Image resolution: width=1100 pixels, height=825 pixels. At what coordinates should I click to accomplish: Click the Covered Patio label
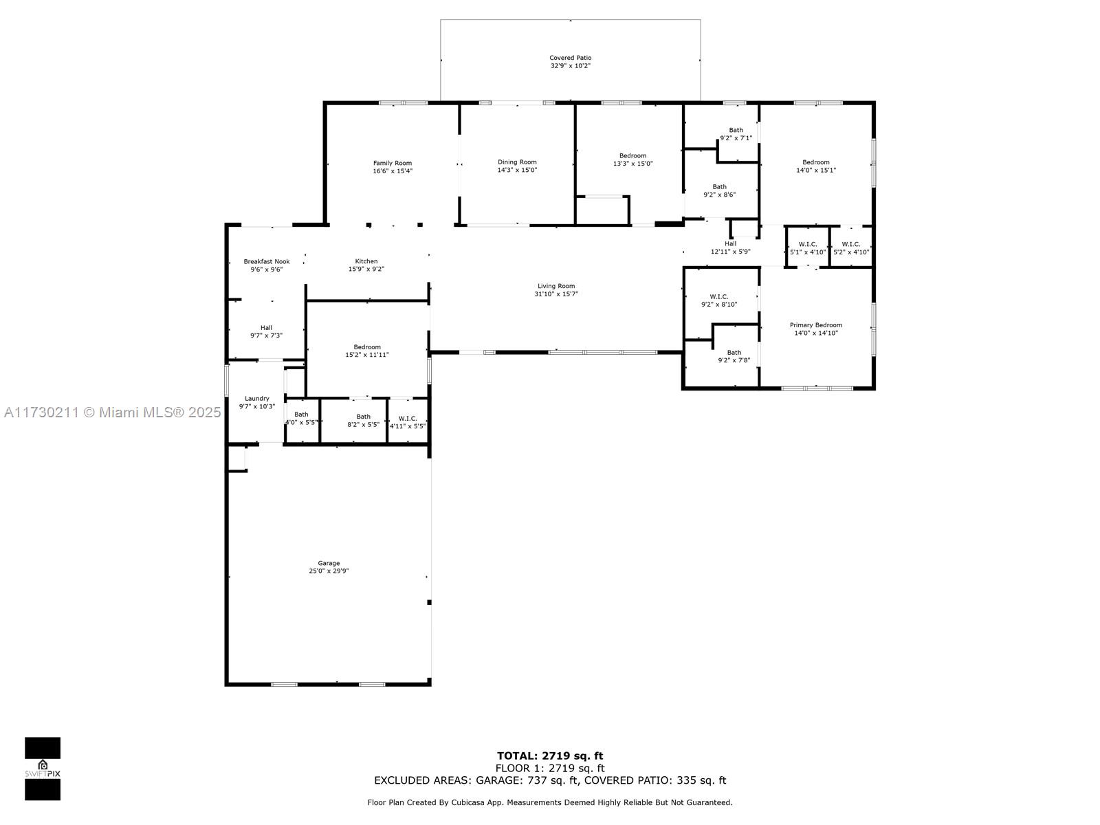point(570,58)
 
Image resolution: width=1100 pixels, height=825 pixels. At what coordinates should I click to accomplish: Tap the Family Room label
point(392,163)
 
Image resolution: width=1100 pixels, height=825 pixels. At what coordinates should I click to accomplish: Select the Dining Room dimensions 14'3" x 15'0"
point(517,170)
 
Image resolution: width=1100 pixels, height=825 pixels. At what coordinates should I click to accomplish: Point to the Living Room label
point(555,286)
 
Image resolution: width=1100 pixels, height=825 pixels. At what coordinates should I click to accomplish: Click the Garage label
point(328,563)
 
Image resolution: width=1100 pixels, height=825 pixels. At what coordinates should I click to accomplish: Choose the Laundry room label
point(256,399)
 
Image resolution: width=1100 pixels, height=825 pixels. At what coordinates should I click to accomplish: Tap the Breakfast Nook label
point(266,261)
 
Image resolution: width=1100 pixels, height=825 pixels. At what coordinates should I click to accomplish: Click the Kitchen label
point(366,261)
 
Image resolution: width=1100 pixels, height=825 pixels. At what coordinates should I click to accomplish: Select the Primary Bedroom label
point(815,325)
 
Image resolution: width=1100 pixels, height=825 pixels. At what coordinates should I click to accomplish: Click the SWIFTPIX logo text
point(43,774)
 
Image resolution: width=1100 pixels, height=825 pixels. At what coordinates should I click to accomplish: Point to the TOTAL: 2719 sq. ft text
point(550,756)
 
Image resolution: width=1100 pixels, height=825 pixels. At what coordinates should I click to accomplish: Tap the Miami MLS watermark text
point(112,412)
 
